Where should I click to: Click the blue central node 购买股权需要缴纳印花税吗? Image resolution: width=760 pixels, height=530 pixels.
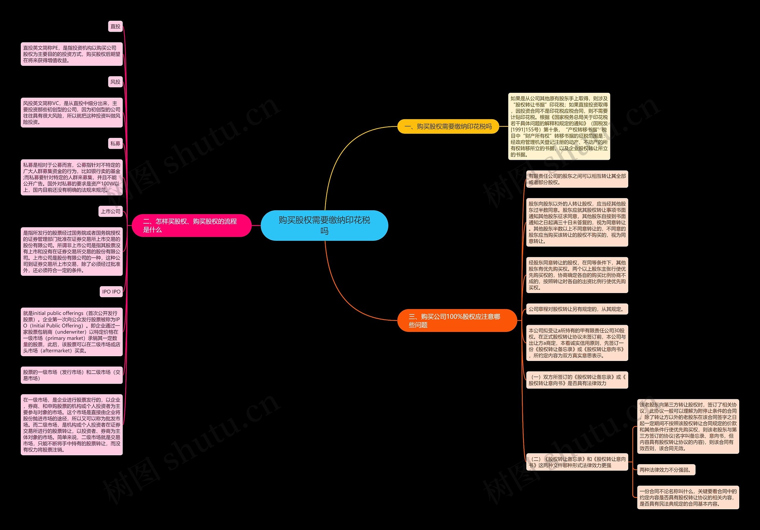[x=324, y=225]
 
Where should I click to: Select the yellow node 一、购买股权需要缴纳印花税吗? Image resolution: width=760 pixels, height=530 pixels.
[x=448, y=126]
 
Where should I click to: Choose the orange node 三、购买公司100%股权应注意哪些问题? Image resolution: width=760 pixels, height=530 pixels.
[x=457, y=320]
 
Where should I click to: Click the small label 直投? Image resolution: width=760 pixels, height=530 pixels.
[x=115, y=26]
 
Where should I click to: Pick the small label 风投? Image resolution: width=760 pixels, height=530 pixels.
[x=115, y=82]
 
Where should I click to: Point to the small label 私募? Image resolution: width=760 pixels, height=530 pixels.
[x=115, y=144]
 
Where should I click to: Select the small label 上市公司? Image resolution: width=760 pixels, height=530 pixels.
[x=110, y=211]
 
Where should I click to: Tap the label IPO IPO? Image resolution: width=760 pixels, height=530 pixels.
[x=111, y=292]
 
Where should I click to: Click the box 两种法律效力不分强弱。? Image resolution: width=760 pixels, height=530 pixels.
[x=666, y=470]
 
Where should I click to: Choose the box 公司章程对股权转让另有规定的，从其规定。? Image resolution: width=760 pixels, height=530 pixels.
[x=577, y=309]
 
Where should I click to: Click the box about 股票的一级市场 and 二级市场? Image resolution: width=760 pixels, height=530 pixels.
[x=72, y=375]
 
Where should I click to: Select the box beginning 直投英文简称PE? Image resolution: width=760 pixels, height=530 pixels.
[x=72, y=54]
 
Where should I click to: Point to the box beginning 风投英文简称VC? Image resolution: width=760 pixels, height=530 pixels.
[x=72, y=112]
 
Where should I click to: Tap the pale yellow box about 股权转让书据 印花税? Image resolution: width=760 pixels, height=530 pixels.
[x=559, y=126]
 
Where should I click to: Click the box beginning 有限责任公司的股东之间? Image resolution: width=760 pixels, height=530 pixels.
[x=577, y=179]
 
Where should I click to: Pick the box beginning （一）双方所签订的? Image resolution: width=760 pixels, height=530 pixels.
[x=577, y=380]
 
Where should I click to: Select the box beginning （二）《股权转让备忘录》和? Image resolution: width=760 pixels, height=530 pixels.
[x=577, y=462]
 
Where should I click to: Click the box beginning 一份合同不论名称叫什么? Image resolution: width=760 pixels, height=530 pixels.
[x=688, y=497]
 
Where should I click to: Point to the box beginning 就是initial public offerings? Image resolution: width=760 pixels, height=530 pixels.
[x=72, y=332]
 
